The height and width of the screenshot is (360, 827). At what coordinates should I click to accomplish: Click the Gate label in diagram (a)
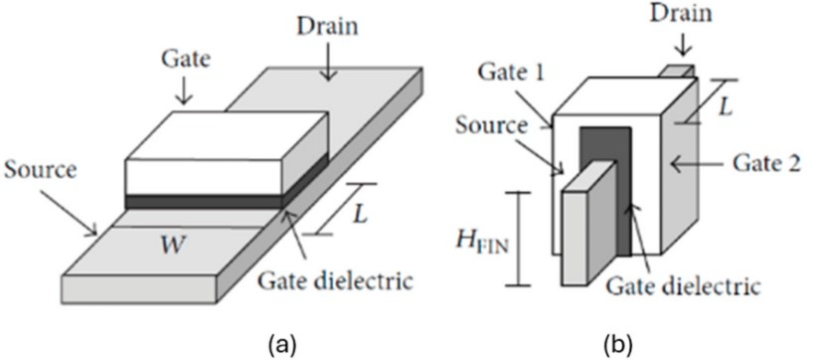(185, 59)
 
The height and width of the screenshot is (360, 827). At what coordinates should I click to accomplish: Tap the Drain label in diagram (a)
(327, 26)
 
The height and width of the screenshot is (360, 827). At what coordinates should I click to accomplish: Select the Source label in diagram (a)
(41, 170)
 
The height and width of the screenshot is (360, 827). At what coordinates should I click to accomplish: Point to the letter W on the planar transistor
(174, 246)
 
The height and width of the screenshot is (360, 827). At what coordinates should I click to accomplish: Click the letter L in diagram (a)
(360, 216)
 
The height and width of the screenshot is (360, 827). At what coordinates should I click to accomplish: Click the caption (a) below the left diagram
(283, 346)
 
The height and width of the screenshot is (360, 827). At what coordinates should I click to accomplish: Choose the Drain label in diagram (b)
(681, 14)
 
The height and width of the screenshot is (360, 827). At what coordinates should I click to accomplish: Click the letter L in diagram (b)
(727, 108)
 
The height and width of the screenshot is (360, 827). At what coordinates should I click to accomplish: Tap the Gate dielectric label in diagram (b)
(683, 286)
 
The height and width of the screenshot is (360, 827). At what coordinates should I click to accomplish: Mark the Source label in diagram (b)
(492, 126)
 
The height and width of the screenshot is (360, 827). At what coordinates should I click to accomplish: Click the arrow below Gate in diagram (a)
(184, 90)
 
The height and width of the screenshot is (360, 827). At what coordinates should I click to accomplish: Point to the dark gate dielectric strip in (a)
(204, 202)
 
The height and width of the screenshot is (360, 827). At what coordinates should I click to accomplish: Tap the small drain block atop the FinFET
(679, 72)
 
